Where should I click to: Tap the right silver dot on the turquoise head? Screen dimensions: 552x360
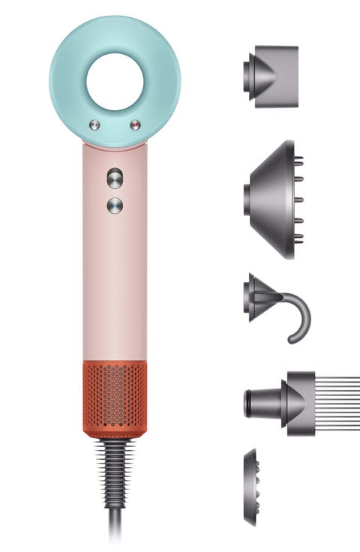[x=135, y=124]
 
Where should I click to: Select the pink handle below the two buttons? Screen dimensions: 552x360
[x=115, y=285]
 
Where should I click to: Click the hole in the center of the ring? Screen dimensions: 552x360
[x=115, y=80]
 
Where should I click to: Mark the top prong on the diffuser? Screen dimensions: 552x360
[x=298, y=160]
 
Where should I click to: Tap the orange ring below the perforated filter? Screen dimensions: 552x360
[x=115, y=433]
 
